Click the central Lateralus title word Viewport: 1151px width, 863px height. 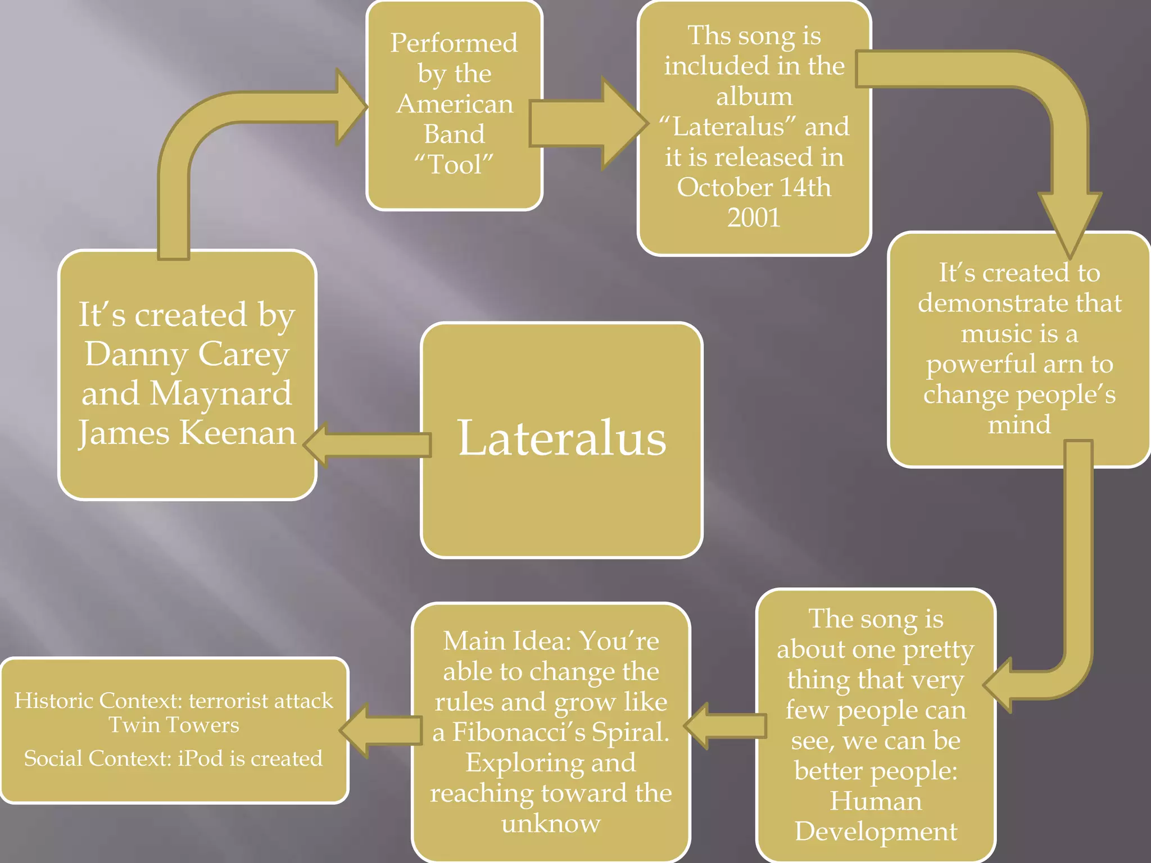tap(562, 438)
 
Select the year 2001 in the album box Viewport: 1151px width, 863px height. tap(754, 217)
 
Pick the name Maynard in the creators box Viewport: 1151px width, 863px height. tap(221, 393)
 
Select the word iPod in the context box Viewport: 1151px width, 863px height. tap(201, 758)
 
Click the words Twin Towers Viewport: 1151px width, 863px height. tap(174, 725)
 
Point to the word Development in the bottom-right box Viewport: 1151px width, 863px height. tap(876, 832)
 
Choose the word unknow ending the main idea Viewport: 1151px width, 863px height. tap(551, 824)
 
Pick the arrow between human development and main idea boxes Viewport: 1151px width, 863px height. tap(725, 726)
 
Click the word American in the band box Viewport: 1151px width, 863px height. tap(455, 104)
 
